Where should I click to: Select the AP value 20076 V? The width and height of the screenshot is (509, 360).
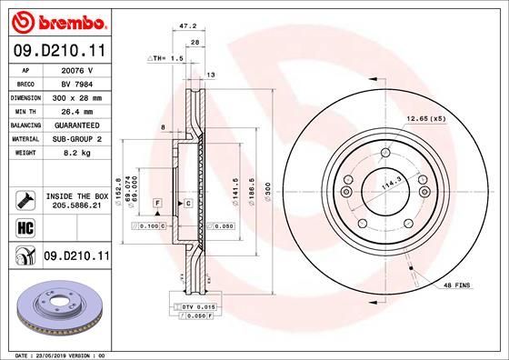coord(77,68)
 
